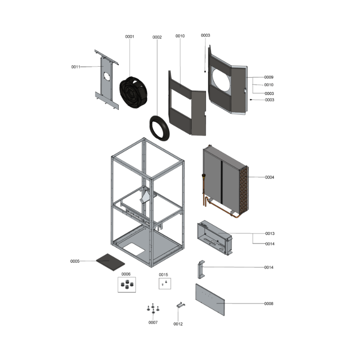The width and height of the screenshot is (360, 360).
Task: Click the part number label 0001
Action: pyautogui.click(x=130, y=36)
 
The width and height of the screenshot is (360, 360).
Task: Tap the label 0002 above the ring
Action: pyautogui.click(x=157, y=37)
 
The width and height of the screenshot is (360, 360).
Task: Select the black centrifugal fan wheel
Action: pyautogui.click(x=133, y=92)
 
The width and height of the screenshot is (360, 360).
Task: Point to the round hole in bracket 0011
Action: pyautogui.click(x=107, y=76)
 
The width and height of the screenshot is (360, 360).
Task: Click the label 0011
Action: pyautogui.click(x=76, y=67)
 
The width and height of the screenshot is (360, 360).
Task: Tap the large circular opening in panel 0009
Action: pyautogui.click(x=221, y=80)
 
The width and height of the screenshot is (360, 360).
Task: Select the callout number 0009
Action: pyautogui.click(x=269, y=77)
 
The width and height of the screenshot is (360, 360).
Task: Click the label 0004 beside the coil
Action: pyautogui.click(x=270, y=177)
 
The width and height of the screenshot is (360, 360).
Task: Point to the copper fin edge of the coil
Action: pyautogui.click(x=244, y=190)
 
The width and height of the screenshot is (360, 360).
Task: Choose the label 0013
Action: pyautogui.click(x=270, y=234)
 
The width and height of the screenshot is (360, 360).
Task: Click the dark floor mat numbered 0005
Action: pyautogui.click(x=110, y=262)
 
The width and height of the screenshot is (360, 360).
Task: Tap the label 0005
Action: pyautogui.click(x=75, y=261)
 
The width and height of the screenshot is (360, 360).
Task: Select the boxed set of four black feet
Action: pyautogui.click(x=127, y=285)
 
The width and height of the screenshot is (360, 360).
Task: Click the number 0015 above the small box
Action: pyautogui.click(x=163, y=274)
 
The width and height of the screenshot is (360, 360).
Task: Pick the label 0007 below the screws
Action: pyautogui.click(x=153, y=323)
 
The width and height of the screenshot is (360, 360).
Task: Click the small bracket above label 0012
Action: pyautogui.click(x=181, y=305)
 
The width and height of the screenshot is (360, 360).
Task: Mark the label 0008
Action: pyautogui.click(x=269, y=304)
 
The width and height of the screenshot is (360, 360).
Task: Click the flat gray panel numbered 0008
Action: pyautogui.click(x=210, y=300)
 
